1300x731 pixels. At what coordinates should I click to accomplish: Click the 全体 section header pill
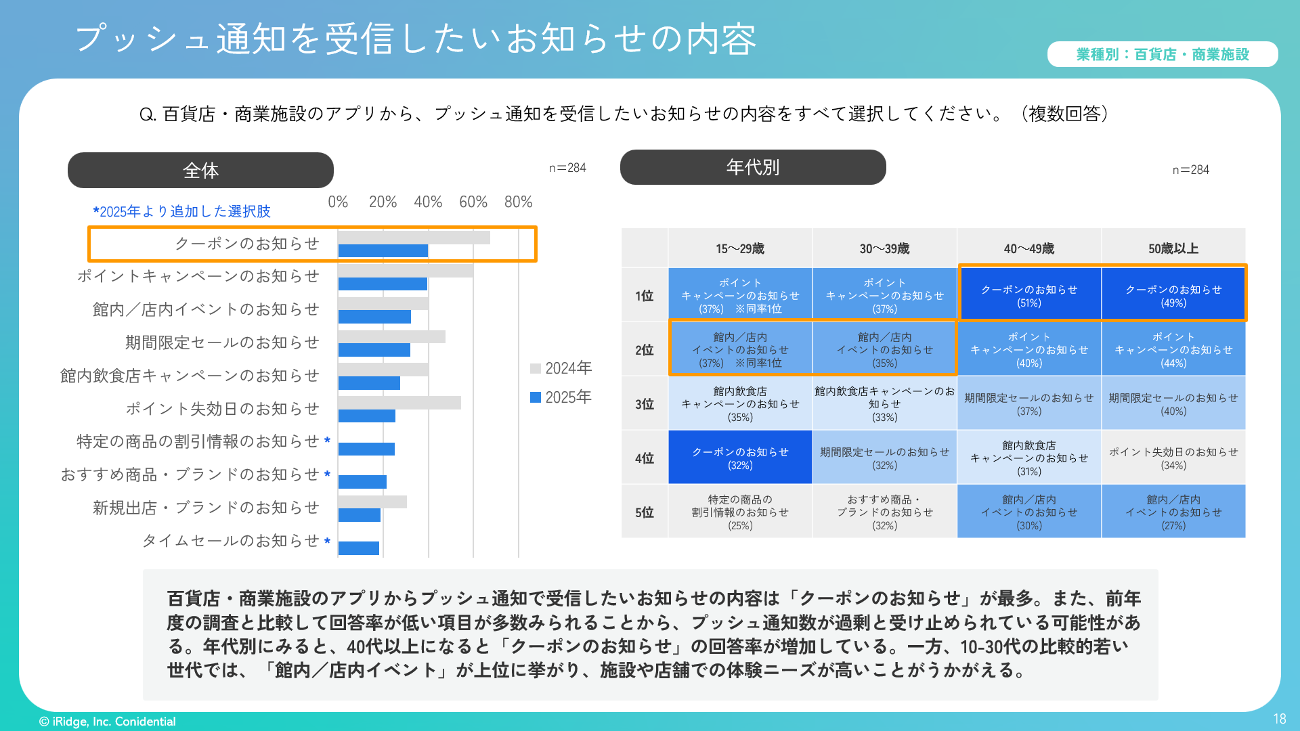click(x=200, y=170)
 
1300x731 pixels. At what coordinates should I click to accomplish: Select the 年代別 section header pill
click(x=753, y=167)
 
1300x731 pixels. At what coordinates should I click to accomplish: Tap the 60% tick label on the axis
click(x=473, y=202)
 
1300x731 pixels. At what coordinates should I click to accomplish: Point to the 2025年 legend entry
click(x=561, y=397)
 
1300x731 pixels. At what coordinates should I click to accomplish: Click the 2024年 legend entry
click(x=561, y=368)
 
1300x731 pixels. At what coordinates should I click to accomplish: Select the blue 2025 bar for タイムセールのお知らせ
click(x=358, y=548)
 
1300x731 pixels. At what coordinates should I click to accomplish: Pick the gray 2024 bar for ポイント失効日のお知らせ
click(x=399, y=403)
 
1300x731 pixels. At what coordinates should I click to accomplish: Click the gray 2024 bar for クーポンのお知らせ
click(x=414, y=238)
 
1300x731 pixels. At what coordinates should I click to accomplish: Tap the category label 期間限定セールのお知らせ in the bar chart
click(x=221, y=342)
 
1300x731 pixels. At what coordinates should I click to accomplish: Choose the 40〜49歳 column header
click(x=1028, y=248)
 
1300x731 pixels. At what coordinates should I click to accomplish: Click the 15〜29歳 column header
click(x=739, y=248)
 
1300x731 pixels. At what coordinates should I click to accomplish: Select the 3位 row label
click(x=644, y=404)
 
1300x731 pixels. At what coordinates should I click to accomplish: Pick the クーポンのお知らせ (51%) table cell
click(x=1028, y=296)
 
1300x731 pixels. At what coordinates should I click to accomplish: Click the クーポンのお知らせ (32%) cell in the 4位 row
click(x=739, y=458)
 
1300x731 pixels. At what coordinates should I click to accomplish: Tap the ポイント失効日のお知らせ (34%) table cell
click(x=1173, y=458)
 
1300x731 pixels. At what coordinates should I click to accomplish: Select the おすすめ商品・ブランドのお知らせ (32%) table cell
click(x=884, y=512)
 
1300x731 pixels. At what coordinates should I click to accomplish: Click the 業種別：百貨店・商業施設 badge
click(x=1162, y=54)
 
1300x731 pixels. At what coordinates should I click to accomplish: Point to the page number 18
click(x=1279, y=719)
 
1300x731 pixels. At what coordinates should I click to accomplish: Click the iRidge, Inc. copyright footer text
click(x=108, y=722)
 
